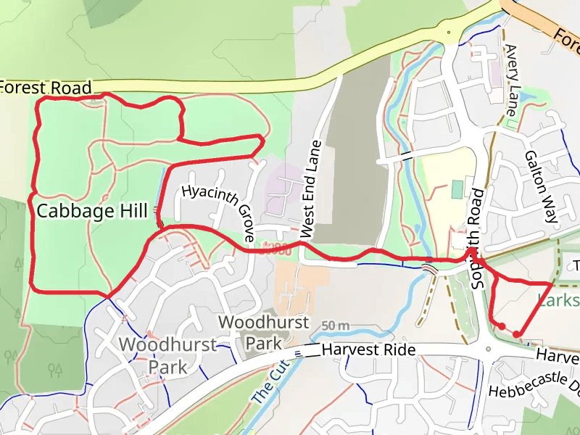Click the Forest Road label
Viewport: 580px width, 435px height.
click(x=46, y=87)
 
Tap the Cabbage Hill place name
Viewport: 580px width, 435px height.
click(x=86, y=211)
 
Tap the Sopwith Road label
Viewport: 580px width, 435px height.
click(x=477, y=239)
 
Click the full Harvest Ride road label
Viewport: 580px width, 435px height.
click(x=368, y=350)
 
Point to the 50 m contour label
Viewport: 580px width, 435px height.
click(x=335, y=325)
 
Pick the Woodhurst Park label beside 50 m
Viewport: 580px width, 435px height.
click(x=263, y=331)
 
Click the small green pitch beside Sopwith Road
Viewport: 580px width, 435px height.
click(x=457, y=189)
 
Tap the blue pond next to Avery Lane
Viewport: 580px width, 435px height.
click(x=526, y=95)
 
